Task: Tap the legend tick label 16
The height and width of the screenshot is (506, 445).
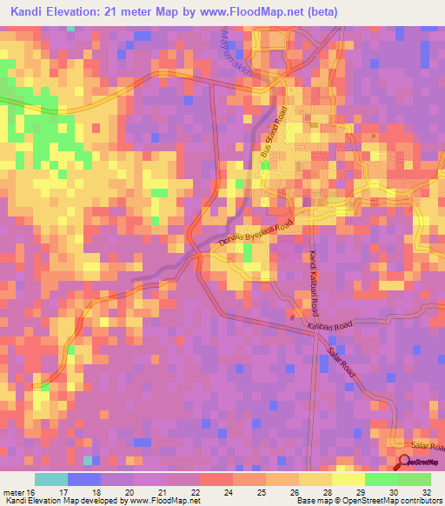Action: coord(32,490)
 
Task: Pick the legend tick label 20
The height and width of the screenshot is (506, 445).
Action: coord(130,490)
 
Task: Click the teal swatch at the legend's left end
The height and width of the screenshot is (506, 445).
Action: coord(51,479)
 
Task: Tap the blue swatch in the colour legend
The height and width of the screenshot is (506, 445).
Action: coord(84,479)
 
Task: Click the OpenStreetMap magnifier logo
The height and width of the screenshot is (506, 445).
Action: coord(403,463)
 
